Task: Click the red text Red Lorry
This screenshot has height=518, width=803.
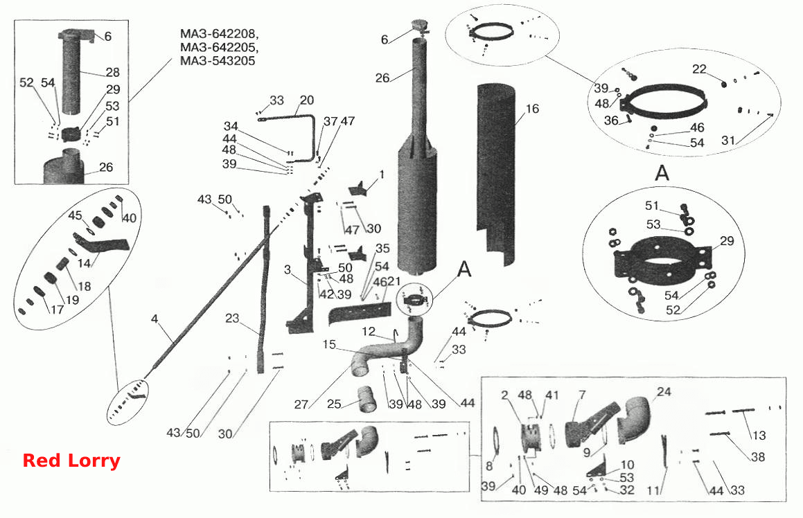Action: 71,460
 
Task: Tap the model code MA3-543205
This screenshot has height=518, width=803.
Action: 218,60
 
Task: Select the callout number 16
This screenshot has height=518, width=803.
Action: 532,109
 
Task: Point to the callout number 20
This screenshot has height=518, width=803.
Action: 306,100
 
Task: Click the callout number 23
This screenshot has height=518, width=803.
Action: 232,318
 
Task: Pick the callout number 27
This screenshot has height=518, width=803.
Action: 301,404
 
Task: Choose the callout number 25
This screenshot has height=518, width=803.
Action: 334,404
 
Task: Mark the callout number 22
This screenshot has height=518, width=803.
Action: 699,69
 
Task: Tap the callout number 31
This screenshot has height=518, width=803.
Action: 728,140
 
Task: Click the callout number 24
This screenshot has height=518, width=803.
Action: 664,391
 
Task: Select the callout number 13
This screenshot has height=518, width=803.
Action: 759,435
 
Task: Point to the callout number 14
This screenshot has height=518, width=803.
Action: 84,263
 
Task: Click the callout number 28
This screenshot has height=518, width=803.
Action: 112,72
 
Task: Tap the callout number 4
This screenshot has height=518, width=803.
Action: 155,319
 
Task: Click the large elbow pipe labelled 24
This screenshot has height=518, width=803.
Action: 635,420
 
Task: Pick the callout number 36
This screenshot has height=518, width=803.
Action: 611,120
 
